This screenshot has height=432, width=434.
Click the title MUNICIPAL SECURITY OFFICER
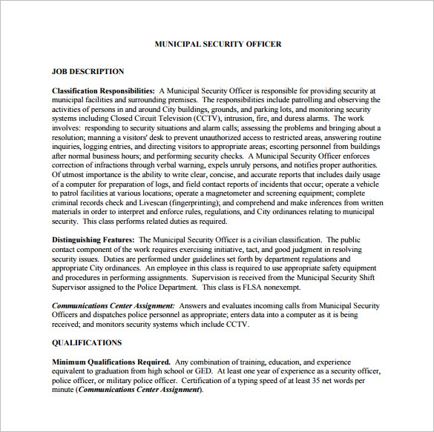click(x=217, y=44)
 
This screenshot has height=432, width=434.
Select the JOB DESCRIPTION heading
click(x=88, y=72)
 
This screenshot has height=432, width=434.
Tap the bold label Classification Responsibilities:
click(x=103, y=90)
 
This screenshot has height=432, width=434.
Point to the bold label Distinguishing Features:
click(x=93, y=240)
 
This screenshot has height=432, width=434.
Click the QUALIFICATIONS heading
click(x=87, y=343)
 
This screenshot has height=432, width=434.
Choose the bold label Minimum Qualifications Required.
click(x=111, y=362)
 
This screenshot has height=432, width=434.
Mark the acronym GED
click(x=202, y=371)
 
